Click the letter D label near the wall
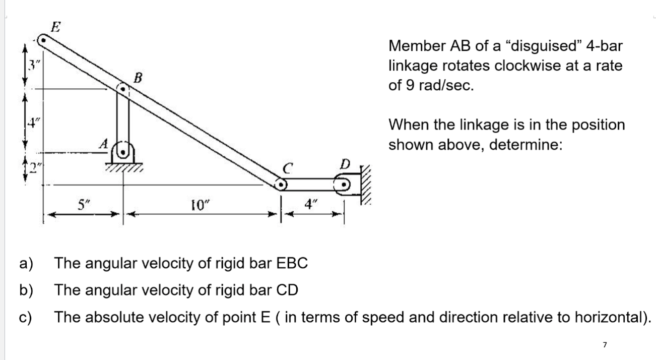pos(345,164)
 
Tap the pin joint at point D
pos(344,185)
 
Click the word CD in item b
pos(287,290)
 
